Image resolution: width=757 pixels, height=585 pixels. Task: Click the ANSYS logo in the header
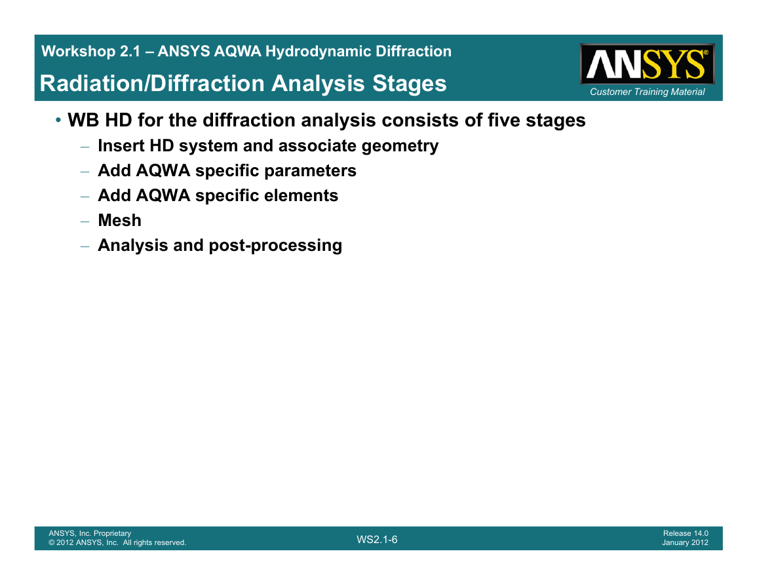click(648, 64)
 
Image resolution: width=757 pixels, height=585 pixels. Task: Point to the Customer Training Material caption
click(648, 92)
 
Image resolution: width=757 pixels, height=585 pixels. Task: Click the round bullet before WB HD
click(58, 119)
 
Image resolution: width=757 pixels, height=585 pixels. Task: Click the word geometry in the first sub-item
click(400, 146)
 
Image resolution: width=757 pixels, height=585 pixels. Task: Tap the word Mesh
click(120, 221)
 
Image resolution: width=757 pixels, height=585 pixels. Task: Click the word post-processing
click(275, 246)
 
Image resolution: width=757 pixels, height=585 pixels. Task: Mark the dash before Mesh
click(85, 221)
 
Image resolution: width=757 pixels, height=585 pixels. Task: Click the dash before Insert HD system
click(85, 146)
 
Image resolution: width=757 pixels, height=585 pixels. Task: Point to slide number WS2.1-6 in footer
click(377, 540)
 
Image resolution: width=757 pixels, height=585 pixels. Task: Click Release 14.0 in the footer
click(686, 533)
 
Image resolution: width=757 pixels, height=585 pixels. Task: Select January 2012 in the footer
click(685, 542)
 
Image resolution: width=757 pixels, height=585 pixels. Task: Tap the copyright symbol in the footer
click(51, 542)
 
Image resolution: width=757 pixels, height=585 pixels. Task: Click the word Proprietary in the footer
click(113, 533)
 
